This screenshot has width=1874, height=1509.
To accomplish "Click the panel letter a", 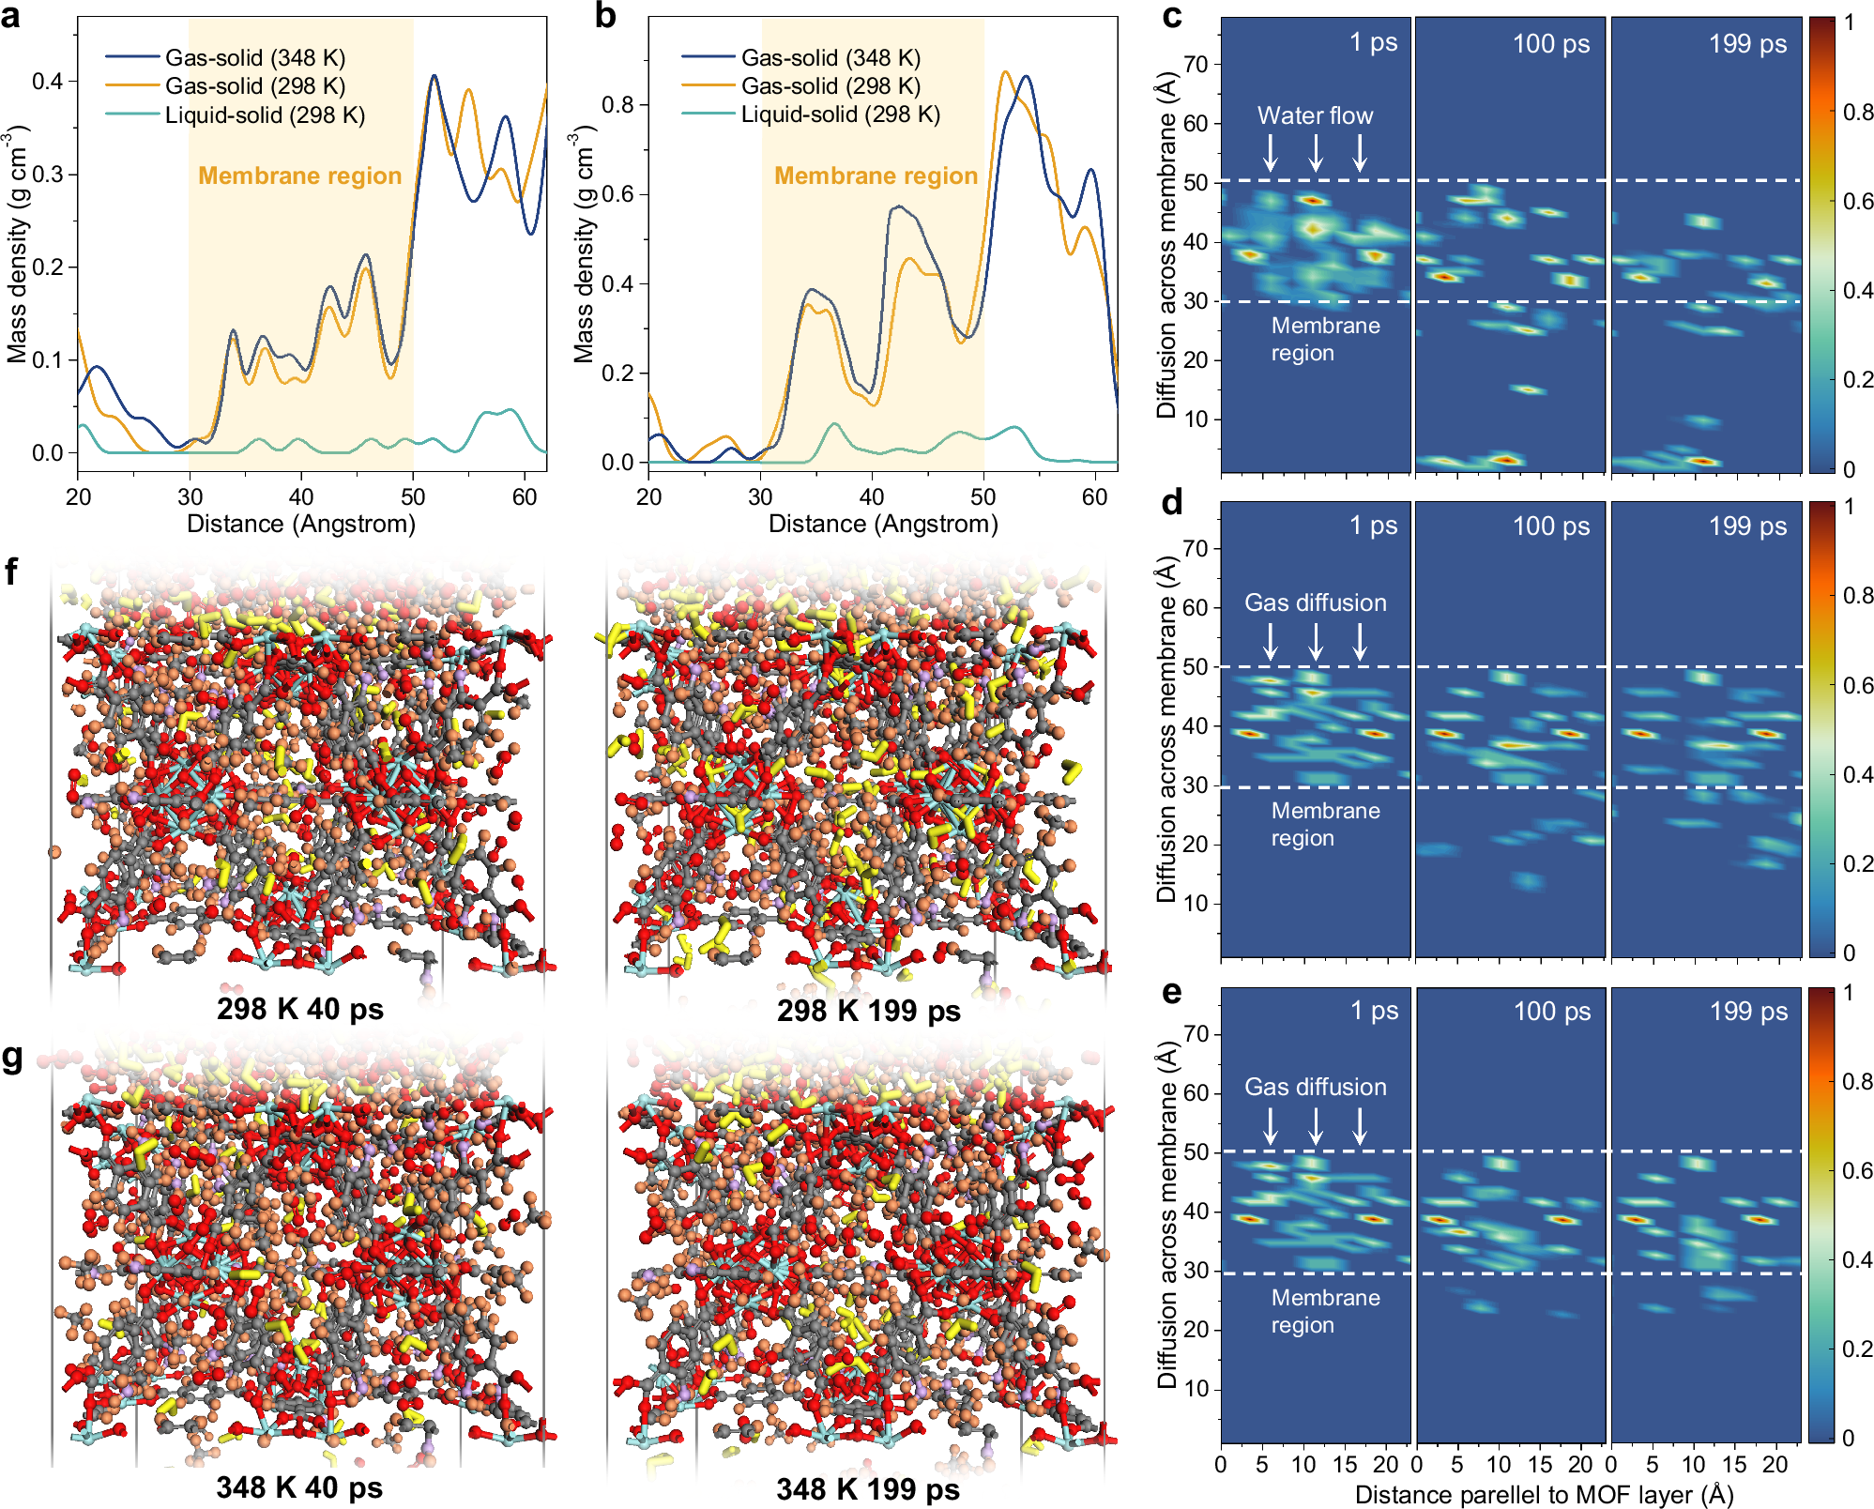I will coord(11,16).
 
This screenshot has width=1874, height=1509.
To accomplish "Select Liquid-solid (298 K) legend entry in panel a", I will coord(265,115).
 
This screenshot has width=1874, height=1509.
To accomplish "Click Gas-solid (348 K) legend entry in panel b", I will coord(830,58).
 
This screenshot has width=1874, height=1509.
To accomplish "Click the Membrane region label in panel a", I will coord(299,175).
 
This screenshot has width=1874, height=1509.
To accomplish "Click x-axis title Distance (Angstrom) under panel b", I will coord(882,524).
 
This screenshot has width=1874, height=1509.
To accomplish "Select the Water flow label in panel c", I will coord(1315,115).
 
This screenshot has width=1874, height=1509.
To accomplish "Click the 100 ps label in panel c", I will coord(1550,43).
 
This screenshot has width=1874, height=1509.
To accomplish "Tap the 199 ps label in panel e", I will coord(1748,1011).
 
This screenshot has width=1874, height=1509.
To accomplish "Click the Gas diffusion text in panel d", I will coord(1315,602).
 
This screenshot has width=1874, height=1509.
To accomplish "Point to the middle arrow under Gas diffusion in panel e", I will coord(1316,1125).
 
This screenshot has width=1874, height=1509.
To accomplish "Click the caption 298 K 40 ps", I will coord(299,1009).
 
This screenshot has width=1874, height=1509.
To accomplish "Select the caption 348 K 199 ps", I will coord(868,1488).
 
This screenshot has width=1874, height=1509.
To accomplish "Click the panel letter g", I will coord(12,1057).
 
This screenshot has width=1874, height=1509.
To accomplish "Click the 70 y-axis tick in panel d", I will coord(1196,548).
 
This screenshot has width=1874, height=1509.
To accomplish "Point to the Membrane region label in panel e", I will coord(1325,1311).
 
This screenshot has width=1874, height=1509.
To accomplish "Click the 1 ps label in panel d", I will coord(1373,526).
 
